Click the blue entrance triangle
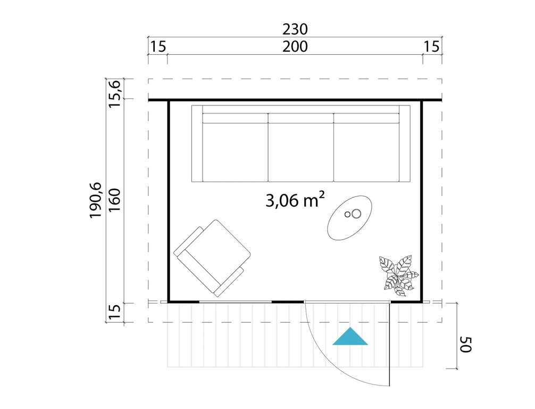click(350, 337)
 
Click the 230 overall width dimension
click(295, 29)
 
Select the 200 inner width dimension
click(295, 46)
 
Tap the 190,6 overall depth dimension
click(96, 200)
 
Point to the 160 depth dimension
click(115, 200)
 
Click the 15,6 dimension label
click(115, 94)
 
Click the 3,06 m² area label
click(295, 200)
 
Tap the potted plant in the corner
click(398, 275)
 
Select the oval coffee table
click(349, 218)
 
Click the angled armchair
click(212, 258)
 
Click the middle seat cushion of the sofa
click(300, 148)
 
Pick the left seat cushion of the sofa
click(235, 148)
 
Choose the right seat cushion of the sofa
click(366, 148)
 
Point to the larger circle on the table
click(356, 214)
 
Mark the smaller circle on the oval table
click(348, 215)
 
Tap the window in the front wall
click(236, 302)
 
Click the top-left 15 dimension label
click(158, 46)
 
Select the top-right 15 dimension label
click(432, 46)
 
